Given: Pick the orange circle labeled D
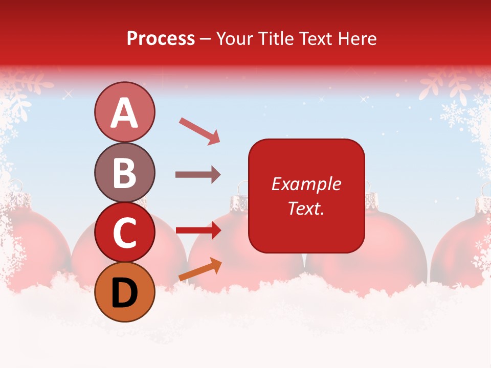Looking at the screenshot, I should coord(124,292).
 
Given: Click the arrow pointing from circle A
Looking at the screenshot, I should coord(199,131).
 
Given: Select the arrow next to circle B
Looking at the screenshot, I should coord(198,175).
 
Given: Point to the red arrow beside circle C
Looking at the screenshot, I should coord(198,231).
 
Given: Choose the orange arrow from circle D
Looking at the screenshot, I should coord(200,269).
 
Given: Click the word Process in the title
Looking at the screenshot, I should coord(161,39).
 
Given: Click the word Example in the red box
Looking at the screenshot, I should coord(306,184).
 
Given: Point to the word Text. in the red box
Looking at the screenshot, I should coord(306,208).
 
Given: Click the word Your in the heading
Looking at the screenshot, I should coord(234,39).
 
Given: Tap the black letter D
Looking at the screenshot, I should coord(124,293).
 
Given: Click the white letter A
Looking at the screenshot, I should coord(124,113).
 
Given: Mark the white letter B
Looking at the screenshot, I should coord(124,173).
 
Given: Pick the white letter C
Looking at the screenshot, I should coord(124,233).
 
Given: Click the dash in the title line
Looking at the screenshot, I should coord(206,39).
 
